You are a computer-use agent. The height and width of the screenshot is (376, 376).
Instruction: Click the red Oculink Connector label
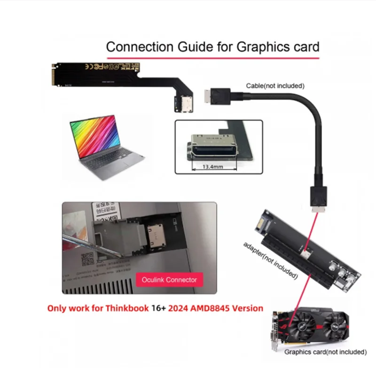tap(169, 280)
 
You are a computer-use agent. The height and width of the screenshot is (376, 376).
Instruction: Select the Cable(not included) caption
tap(275, 86)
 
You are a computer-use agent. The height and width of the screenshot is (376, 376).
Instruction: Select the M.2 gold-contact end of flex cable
tap(58, 75)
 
